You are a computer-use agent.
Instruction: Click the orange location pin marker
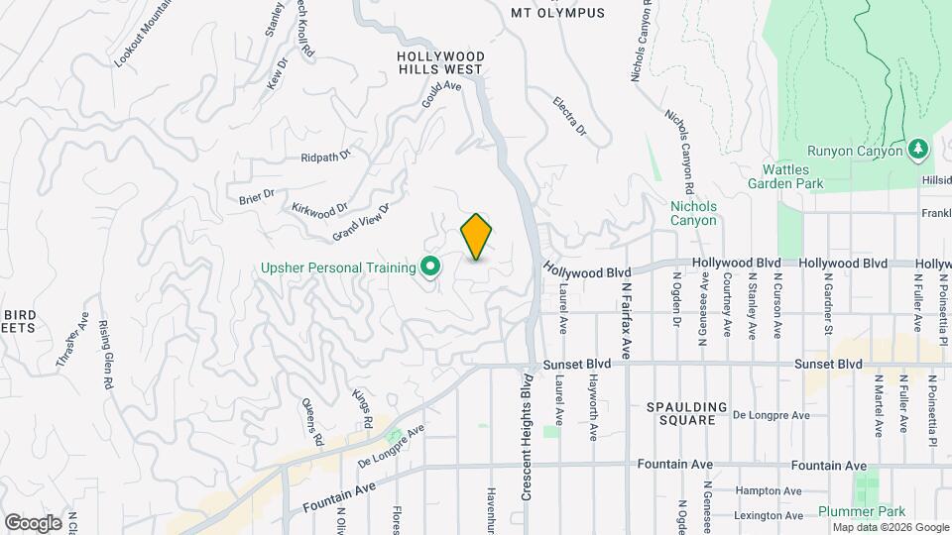tap(477, 237)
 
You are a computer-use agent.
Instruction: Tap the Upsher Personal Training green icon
tap(430, 266)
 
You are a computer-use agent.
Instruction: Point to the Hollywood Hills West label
tap(439, 63)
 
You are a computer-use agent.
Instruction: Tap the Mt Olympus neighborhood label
tap(557, 13)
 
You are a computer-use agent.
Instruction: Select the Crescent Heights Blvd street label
tap(527, 437)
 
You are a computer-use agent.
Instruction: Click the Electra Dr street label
tap(569, 117)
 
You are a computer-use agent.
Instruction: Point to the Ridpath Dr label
tap(326, 157)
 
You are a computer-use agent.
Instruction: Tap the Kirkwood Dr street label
tap(319, 209)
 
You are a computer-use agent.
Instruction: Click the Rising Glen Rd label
tap(105, 355)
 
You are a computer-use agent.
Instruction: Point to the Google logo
tap(33, 522)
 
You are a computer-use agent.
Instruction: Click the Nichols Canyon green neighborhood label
tap(693, 213)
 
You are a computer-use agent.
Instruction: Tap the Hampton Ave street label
tap(770, 490)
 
